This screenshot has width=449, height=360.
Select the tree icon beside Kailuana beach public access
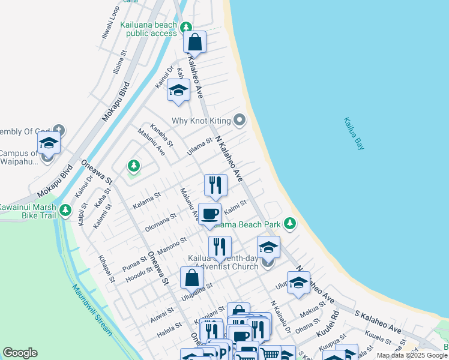tap(187, 27)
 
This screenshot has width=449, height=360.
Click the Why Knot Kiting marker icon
tap(240, 121)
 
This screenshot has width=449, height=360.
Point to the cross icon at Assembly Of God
tap(58, 130)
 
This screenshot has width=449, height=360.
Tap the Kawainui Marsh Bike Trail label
tap(27, 211)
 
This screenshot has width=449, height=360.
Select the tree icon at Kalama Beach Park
tap(290, 224)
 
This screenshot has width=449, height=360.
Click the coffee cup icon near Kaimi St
tap(209, 214)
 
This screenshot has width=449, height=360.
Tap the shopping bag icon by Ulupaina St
tap(191, 278)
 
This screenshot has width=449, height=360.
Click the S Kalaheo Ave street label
tap(378, 322)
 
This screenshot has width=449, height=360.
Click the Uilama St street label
tap(199, 146)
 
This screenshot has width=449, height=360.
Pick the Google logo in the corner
tap(20, 353)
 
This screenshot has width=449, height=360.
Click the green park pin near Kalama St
tap(133, 166)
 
